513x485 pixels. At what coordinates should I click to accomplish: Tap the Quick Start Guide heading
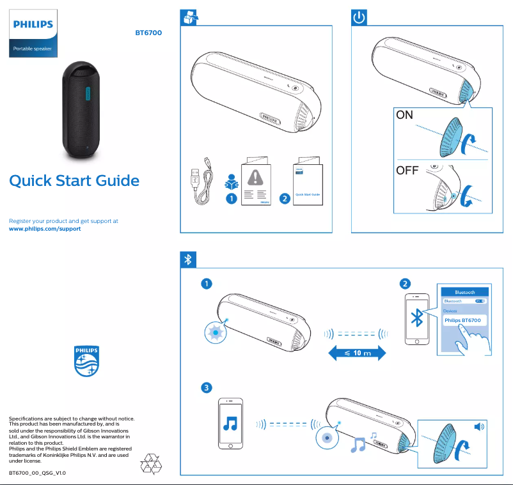point(74,181)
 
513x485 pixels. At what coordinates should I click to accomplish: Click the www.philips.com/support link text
point(45,229)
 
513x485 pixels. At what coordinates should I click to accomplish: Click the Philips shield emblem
point(87,362)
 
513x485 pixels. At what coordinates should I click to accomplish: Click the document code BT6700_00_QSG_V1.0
point(37,473)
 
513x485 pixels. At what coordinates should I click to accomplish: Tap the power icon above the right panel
point(359,18)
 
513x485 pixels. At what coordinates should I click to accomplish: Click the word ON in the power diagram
point(405,116)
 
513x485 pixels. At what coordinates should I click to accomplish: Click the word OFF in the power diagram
point(407,171)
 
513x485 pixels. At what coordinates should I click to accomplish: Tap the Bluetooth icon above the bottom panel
point(188,259)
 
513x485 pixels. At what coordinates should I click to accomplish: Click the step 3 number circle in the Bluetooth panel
point(206,388)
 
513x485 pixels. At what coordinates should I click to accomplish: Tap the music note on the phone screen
point(230,424)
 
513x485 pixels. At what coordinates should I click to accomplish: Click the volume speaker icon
point(479,426)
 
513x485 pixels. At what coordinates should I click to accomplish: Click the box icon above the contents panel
point(189,18)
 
